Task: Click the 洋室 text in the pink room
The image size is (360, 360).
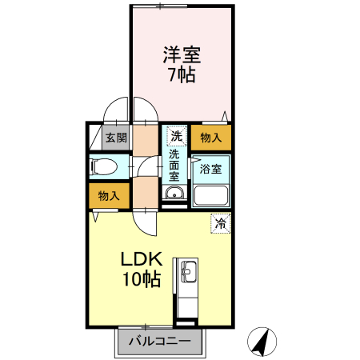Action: (x=182, y=55)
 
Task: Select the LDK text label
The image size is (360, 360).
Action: (x=142, y=260)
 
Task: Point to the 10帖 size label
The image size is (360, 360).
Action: (x=142, y=280)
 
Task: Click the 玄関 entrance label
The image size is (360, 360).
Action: (x=116, y=138)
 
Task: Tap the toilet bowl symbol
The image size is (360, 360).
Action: (x=105, y=167)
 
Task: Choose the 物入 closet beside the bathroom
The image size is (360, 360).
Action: (x=211, y=138)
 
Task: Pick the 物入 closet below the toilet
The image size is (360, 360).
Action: (x=110, y=195)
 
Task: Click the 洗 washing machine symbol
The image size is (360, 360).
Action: (x=175, y=136)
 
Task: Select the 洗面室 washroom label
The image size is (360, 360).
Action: (x=174, y=164)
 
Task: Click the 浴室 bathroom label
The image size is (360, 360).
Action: (x=211, y=169)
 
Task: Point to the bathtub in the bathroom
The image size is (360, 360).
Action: (x=212, y=195)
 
